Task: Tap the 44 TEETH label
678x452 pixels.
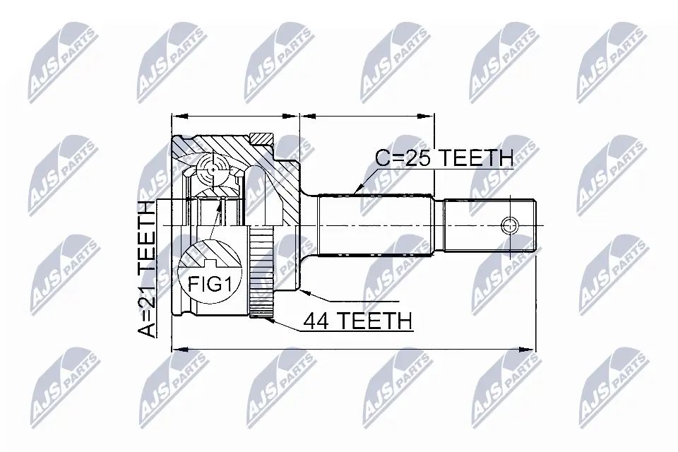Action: [357, 320]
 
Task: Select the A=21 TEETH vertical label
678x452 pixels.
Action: [147, 268]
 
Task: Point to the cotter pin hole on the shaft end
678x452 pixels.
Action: [509, 226]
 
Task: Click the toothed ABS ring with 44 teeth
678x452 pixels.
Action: [258, 273]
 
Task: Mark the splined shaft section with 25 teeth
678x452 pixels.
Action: [374, 226]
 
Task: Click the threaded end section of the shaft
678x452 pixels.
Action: [487, 226]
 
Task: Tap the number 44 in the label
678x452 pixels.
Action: [316, 320]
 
